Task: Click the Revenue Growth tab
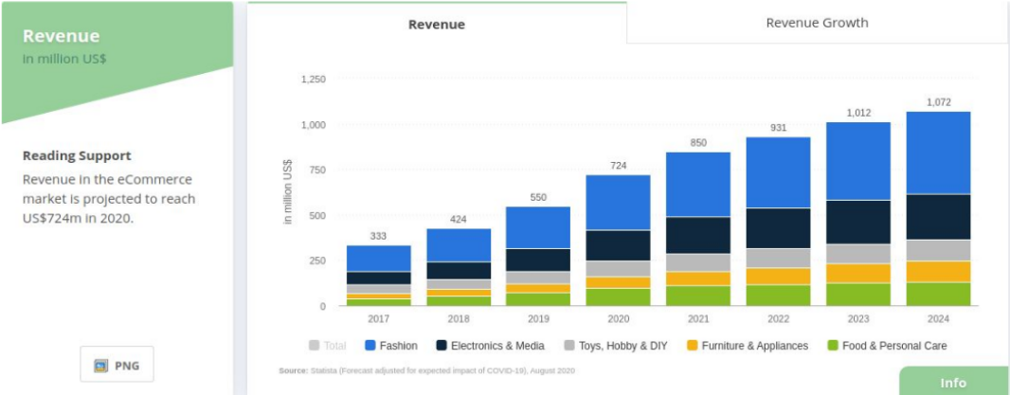817,23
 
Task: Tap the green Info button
953,382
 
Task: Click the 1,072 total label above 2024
939,102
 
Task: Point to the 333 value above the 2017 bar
378,236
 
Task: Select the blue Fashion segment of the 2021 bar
698,185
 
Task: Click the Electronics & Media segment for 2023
858,222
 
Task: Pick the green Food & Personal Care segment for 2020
619,297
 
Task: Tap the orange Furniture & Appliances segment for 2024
939,271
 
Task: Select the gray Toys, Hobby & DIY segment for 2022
778,258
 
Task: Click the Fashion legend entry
391,346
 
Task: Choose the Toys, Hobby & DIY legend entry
614,346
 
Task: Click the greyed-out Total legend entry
328,346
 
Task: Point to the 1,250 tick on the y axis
313,80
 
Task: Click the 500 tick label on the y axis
317,215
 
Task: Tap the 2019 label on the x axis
538,319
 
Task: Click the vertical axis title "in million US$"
288,191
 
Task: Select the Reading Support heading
77,156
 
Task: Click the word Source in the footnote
292,370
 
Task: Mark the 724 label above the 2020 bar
619,166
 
